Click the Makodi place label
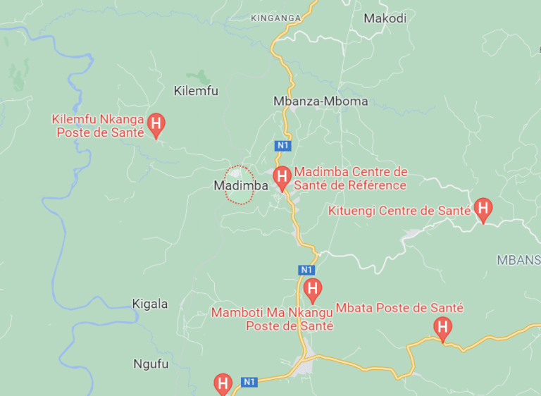(x=385, y=18)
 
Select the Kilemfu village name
(x=196, y=91)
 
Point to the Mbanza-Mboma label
(x=321, y=101)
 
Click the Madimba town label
(x=241, y=186)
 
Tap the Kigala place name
(x=150, y=304)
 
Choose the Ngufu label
(x=151, y=364)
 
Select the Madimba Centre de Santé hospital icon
(x=282, y=177)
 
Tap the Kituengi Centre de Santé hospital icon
(x=483, y=209)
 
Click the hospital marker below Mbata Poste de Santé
(x=442, y=327)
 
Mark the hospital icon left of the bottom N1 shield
(x=223, y=383)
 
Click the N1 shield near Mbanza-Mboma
(x=282, y=145)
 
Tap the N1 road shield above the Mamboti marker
(x=306, y=270)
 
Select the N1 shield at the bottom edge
(x=249, y=382)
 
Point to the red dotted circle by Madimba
(x=240, y=185)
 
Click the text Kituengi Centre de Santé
(x=399, y=210)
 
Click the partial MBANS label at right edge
(x=518, y=259)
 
